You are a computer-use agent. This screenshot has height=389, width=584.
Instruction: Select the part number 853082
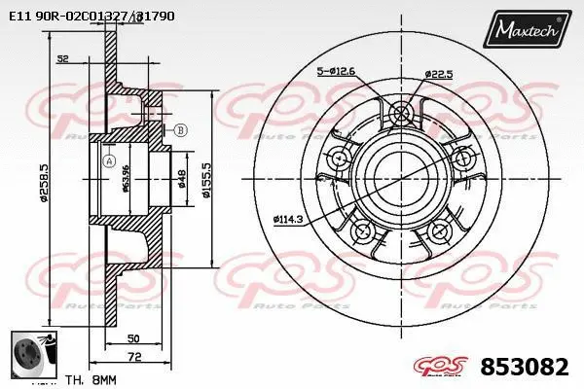[525, 368]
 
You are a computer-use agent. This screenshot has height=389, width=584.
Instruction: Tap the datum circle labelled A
[109, 160]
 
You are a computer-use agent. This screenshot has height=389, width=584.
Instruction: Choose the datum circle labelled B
[181, 129]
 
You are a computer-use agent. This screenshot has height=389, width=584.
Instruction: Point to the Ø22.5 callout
[441, 74]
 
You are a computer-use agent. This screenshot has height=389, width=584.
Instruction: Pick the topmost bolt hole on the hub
[399, 114]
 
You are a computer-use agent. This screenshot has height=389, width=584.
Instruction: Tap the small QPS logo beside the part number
[444, 367]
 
